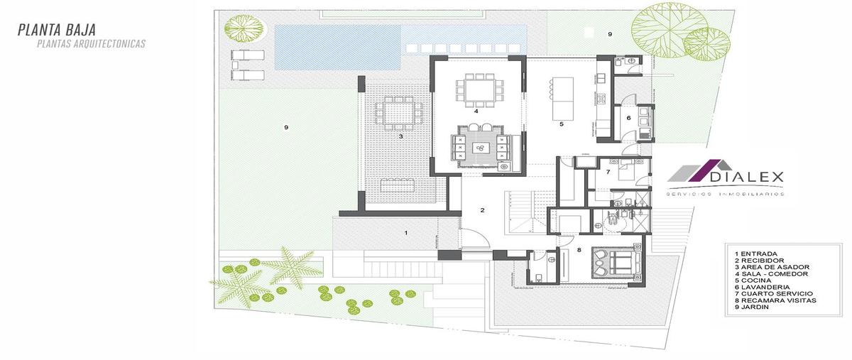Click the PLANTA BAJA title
coord(57,30)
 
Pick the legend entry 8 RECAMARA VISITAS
coord(775,300)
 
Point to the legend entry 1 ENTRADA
coord(756,253)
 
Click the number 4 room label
coord(476,111)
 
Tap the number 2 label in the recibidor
coord(482,210)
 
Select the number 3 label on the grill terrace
coord(401,136)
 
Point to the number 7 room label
coord(608,172)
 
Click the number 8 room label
coord(579,250)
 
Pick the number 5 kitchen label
coord(562,124)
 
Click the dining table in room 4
coord(479,90)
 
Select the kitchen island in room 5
coord(563,99)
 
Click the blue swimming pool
coord(337,47)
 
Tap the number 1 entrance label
coord(406,233)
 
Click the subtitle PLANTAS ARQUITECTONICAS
coord(92,44)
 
